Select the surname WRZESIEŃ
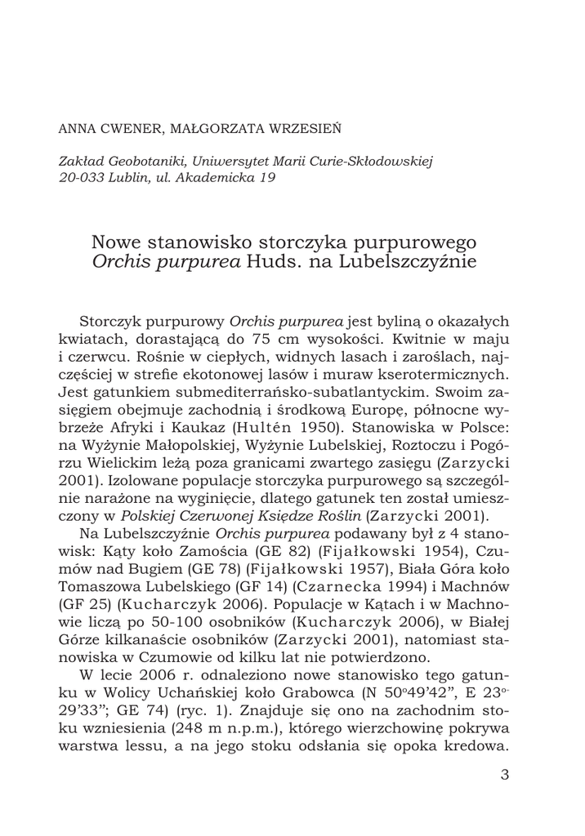pyautogui.click(x=306, y=129)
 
